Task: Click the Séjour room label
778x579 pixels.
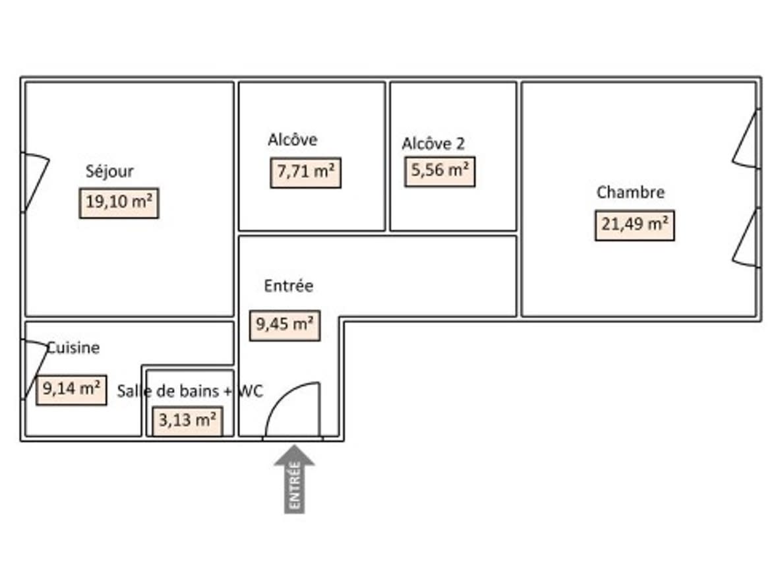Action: [109, 171]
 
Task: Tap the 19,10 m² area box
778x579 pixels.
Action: [119, 203]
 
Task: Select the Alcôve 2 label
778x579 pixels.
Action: [433, 144]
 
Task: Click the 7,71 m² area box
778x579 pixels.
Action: [305, 173]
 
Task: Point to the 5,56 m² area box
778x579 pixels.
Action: [440, 171]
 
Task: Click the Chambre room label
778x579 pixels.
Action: [630, 193]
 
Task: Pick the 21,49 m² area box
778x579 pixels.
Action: [634, 226]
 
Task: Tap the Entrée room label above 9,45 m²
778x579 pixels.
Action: [288, 286]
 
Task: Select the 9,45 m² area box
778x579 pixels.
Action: [284, 325]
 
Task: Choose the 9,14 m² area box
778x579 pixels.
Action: [71, 390]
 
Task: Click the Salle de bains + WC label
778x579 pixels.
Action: [190, 391]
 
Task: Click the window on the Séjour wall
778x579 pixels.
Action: [35, 182]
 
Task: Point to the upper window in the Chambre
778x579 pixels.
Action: [748, 138]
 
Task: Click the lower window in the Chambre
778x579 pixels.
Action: [748, 238]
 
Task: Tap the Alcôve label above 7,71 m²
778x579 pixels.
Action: [292, 140]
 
